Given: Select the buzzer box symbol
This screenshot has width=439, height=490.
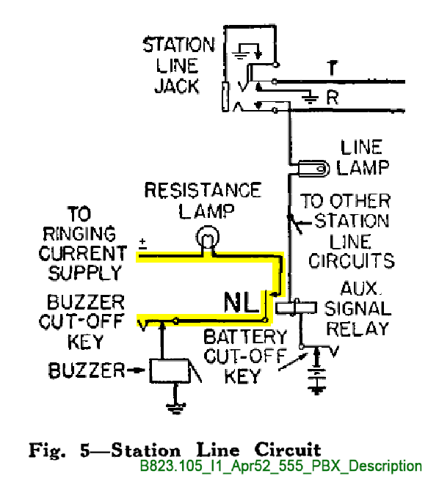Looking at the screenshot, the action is coord(170,370).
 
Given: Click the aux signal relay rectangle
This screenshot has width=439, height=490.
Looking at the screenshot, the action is coord(296,308).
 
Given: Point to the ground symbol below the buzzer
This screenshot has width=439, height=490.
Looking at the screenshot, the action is coord(175,408).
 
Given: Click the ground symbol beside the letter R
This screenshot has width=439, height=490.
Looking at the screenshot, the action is coord(310,98).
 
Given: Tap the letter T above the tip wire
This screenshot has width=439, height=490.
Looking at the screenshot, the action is coord(333,68).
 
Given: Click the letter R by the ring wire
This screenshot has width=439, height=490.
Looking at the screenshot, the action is coord(333,98).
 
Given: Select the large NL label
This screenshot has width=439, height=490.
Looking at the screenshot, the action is coord(241,302).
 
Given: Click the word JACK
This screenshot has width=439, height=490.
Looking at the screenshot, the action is coord(177,87).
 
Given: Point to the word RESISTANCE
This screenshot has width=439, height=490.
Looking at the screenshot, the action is coord(203,190).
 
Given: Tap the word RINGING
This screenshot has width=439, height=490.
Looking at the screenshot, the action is coord(79,234).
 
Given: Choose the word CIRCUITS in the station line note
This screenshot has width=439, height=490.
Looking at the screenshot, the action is coord(352,260).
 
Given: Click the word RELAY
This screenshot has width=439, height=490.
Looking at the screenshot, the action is coord(358,329).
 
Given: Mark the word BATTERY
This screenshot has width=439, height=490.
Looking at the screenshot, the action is coord(245,337).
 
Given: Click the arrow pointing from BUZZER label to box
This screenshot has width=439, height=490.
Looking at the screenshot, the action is coord(136,370).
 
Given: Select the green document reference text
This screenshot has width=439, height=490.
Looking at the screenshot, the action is coord(280,466).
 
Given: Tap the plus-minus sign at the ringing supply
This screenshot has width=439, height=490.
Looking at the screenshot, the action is coord(142,244).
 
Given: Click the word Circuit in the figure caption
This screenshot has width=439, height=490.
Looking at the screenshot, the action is coord(288,450).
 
